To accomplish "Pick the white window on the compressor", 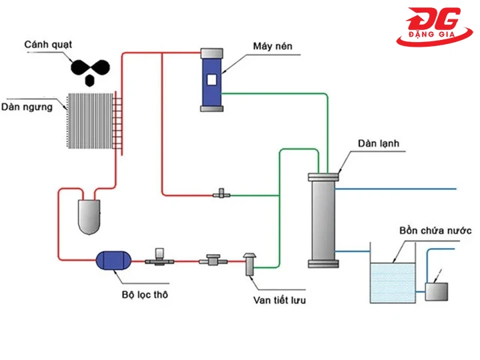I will pos(211,80).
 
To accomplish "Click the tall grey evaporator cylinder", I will pos(323,220).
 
